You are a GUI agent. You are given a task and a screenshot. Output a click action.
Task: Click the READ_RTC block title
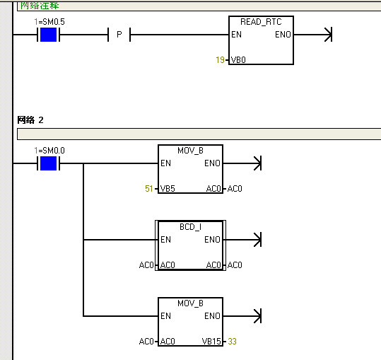pyautogui.click(x=261, y=22)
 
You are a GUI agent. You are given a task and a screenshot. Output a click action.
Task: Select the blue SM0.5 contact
pyautogui.click(x=48, y=35)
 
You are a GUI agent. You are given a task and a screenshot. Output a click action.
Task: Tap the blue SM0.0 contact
pyautogui.click(x=48, y=163)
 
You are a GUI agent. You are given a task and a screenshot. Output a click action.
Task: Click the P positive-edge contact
pyautogui.click(x=119, y=35)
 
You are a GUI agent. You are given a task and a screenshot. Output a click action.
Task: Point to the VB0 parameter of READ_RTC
pyautogui.click(x=238, y=60)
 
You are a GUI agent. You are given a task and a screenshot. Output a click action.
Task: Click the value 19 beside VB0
pyautogui.click(x=220, y=60)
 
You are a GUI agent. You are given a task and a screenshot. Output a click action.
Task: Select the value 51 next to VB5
pyautogui.click(x=148, y=189)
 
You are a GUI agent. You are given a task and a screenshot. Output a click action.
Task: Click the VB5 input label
pyautogui.click(x=168, y=189)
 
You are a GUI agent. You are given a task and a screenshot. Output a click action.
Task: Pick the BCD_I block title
pyautogui.click(x=191, y=227)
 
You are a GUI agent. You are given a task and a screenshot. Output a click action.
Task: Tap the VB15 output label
pyautogui.click(x=211, y=342)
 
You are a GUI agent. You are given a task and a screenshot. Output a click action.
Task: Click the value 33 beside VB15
pyautogui.click(x=232, y=342)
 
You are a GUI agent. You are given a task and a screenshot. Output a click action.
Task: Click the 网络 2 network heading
pyautogui.click(x=30, y=120)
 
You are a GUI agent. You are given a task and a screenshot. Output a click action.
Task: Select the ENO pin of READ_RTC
pyautogui.click(x=283, y=35)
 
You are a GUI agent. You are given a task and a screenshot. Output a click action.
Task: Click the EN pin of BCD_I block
pyautogui.click(x=165, y=240)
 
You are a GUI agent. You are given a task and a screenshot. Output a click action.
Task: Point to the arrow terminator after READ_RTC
pyautogui.click(x=328, y=35)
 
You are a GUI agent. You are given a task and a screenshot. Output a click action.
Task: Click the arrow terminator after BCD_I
pyautogui.click(x=257, y=240)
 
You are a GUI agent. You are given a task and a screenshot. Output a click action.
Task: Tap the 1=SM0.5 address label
pyautogui.click(x=49, y=22)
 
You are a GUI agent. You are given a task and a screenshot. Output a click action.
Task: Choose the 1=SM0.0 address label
pyautogui.click(x=49, y=151)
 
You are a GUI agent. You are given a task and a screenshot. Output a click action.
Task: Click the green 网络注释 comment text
pyautogui.click(x=40, y=6)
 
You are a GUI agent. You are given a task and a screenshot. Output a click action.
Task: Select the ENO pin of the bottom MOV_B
pyautogui.click(x=212, y=316)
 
